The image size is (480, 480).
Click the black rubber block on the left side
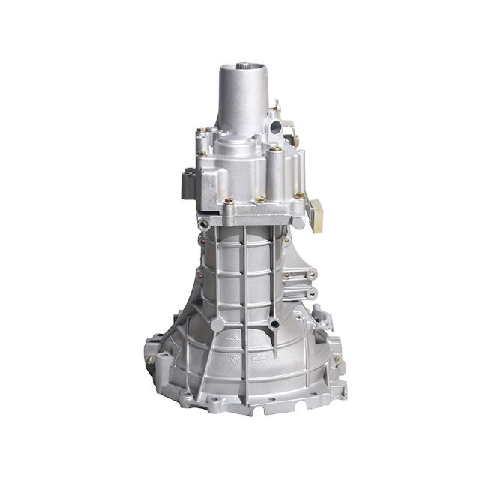click(x=187, y=183)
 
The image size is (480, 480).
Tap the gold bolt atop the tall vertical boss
click(x=275, y=149)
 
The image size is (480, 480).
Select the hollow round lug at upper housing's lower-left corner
click(x=205, y=222)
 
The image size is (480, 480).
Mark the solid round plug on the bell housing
click(x=217, y=324)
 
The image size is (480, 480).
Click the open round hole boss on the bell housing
click(x=275, y=324)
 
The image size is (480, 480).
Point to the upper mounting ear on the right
click(x=307, y=274)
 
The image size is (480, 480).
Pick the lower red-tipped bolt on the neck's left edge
click(x=199, y=276)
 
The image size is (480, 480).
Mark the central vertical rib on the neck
click(x=244, y=277)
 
